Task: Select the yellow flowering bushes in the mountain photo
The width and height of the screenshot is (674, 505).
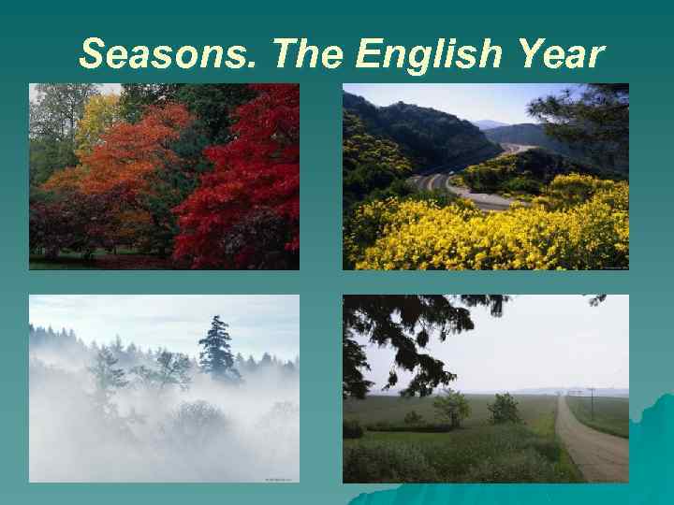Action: click(487, 234)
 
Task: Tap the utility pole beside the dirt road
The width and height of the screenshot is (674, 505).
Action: click(591, 400)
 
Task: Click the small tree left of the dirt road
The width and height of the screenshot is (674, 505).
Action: click(504, 409)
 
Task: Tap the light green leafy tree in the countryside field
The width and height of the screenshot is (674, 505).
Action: click(452, 407)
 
